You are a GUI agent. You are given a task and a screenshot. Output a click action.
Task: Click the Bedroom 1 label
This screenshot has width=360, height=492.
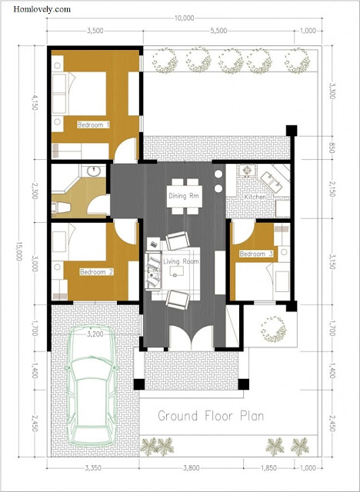pos(94,125)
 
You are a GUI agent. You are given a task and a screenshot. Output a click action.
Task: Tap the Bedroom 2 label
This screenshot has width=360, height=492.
pos(96,271)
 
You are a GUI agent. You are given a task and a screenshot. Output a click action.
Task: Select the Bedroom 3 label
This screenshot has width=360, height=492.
pos(256,254)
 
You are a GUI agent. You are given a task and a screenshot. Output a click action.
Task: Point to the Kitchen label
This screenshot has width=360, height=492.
pos(255,197)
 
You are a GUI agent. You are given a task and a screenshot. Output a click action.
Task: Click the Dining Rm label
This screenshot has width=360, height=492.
pos(184,196)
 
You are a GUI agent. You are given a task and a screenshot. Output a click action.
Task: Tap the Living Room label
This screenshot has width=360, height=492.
pos(181,261)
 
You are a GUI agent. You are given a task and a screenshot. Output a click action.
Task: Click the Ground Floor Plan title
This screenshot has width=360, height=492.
pos(211,416)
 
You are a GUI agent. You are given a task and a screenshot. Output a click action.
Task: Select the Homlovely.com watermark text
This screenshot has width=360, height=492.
pos(42,9)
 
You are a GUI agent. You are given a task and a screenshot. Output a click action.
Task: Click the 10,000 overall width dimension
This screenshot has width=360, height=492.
pos(185,18)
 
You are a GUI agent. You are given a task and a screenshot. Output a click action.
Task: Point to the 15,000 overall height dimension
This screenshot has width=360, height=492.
pos(18,251)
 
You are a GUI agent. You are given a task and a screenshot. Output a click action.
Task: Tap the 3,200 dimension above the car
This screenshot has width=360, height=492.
pos(95,334)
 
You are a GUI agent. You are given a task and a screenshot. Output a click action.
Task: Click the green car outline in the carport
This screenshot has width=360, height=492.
pos(91,386)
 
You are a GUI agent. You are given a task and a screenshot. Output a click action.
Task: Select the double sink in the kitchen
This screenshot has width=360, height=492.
pos(272,182)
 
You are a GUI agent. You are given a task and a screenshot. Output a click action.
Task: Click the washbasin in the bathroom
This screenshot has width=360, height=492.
pos(94,171)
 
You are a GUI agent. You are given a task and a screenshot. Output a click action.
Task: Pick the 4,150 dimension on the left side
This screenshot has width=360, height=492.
pos(34,103)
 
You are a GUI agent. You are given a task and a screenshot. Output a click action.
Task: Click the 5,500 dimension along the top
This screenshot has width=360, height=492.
pos(218,31)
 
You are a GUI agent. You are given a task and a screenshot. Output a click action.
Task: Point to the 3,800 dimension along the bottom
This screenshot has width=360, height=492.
pos(191,468)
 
